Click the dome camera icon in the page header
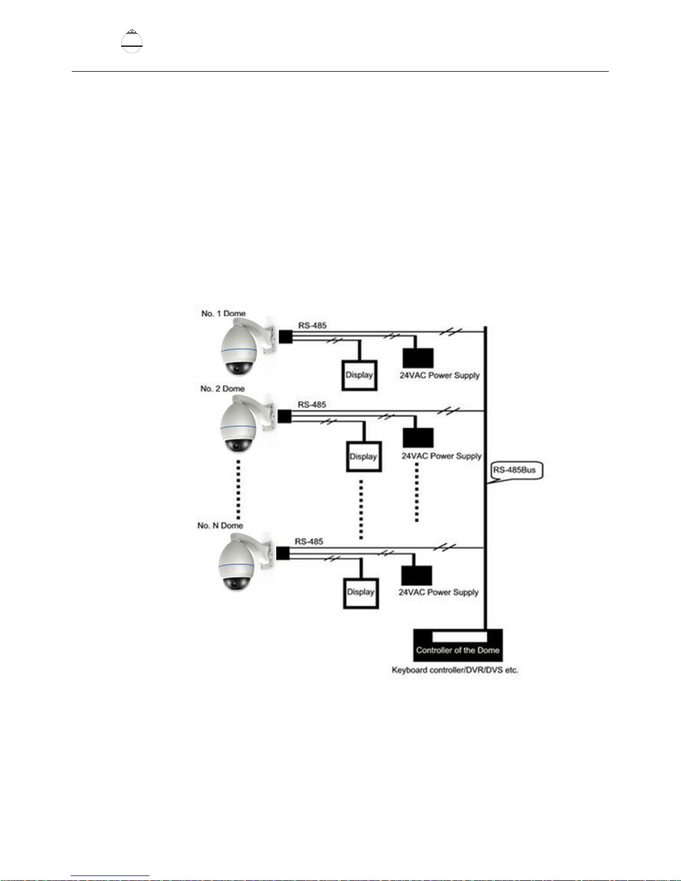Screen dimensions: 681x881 point(132,41)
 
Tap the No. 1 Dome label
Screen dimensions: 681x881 point(223,313)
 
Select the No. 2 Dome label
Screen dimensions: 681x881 point(222,389)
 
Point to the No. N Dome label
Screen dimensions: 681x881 point(220,525)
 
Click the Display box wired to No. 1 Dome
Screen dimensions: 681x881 point(360,375)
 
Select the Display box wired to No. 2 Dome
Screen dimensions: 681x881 point(364,456)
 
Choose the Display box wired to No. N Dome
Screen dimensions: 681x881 point(361,593)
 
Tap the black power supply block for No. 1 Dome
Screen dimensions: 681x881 point(418,358)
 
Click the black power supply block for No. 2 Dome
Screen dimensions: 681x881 point(418,438)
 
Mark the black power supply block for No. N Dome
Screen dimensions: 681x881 point(417,575)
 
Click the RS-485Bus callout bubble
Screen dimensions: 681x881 point(516,471)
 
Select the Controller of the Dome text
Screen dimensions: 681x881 point(458,650)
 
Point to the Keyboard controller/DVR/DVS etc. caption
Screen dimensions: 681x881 point(455,670)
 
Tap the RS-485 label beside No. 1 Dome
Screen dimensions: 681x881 point(312,325)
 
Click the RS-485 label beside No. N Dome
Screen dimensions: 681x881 point(309,541)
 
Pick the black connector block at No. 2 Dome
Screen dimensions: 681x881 point(285,416)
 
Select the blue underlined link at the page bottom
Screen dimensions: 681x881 point(110,876)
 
